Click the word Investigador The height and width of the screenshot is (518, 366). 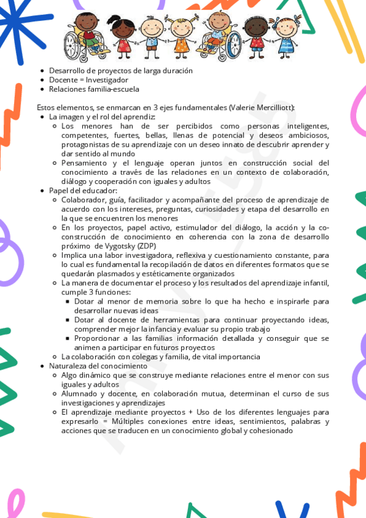click(x=106, y=80)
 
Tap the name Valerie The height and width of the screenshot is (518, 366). click(x=245, y=108)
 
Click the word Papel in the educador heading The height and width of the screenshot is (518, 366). click(x=59, y=191)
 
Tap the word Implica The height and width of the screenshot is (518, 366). click(x=74, y=255)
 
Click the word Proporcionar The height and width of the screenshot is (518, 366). click(x=99, y=338)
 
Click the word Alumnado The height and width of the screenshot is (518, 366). click(x=80, y=393)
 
